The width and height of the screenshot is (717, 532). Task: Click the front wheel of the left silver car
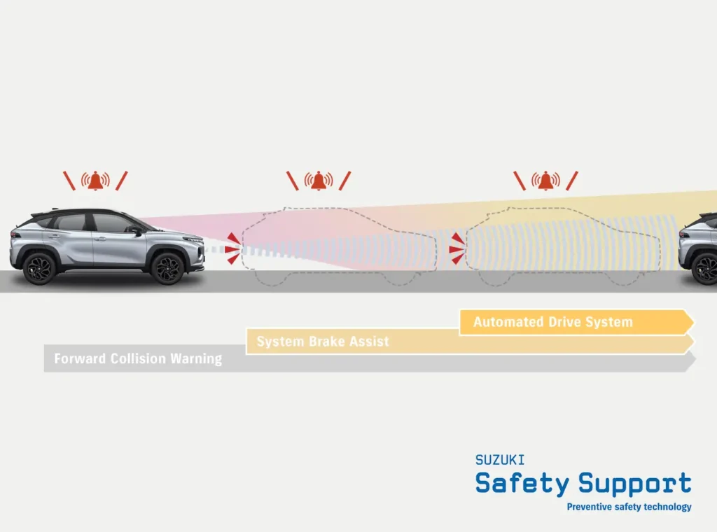click(168, 267)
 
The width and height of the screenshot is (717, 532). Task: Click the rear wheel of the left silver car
click(39, 267)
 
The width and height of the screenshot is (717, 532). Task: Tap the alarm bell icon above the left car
click(96, 181)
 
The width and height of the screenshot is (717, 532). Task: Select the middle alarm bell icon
click(319, 181)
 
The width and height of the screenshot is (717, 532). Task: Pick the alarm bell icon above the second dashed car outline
click(545, 181)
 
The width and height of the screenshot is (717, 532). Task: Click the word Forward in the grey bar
click(80, 359)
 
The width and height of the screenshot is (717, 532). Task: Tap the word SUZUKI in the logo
click(499, 460)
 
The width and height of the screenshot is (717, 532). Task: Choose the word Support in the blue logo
click(635, 484)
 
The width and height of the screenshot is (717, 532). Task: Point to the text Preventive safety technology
click(629, 507)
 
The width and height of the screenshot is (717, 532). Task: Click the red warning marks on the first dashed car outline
click(232, 248)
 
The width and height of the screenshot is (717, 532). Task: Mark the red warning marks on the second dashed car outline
click(457, 248)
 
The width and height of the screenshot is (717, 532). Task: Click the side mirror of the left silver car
click(134, 229)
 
